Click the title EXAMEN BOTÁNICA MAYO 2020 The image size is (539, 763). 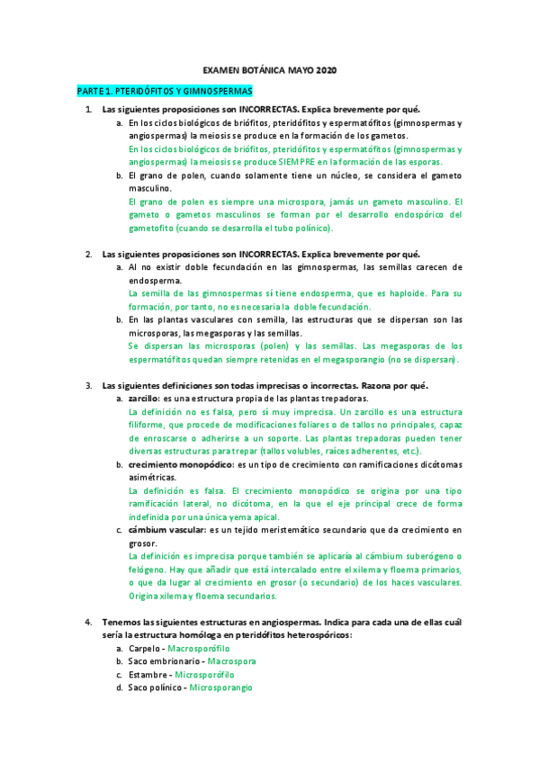coord(269,70)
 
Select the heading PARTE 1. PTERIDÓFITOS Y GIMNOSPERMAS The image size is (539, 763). coord(165,91)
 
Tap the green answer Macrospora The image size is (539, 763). coord(231,661)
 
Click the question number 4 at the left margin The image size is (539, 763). coord(88,622)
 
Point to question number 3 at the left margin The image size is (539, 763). coord(88,385)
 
